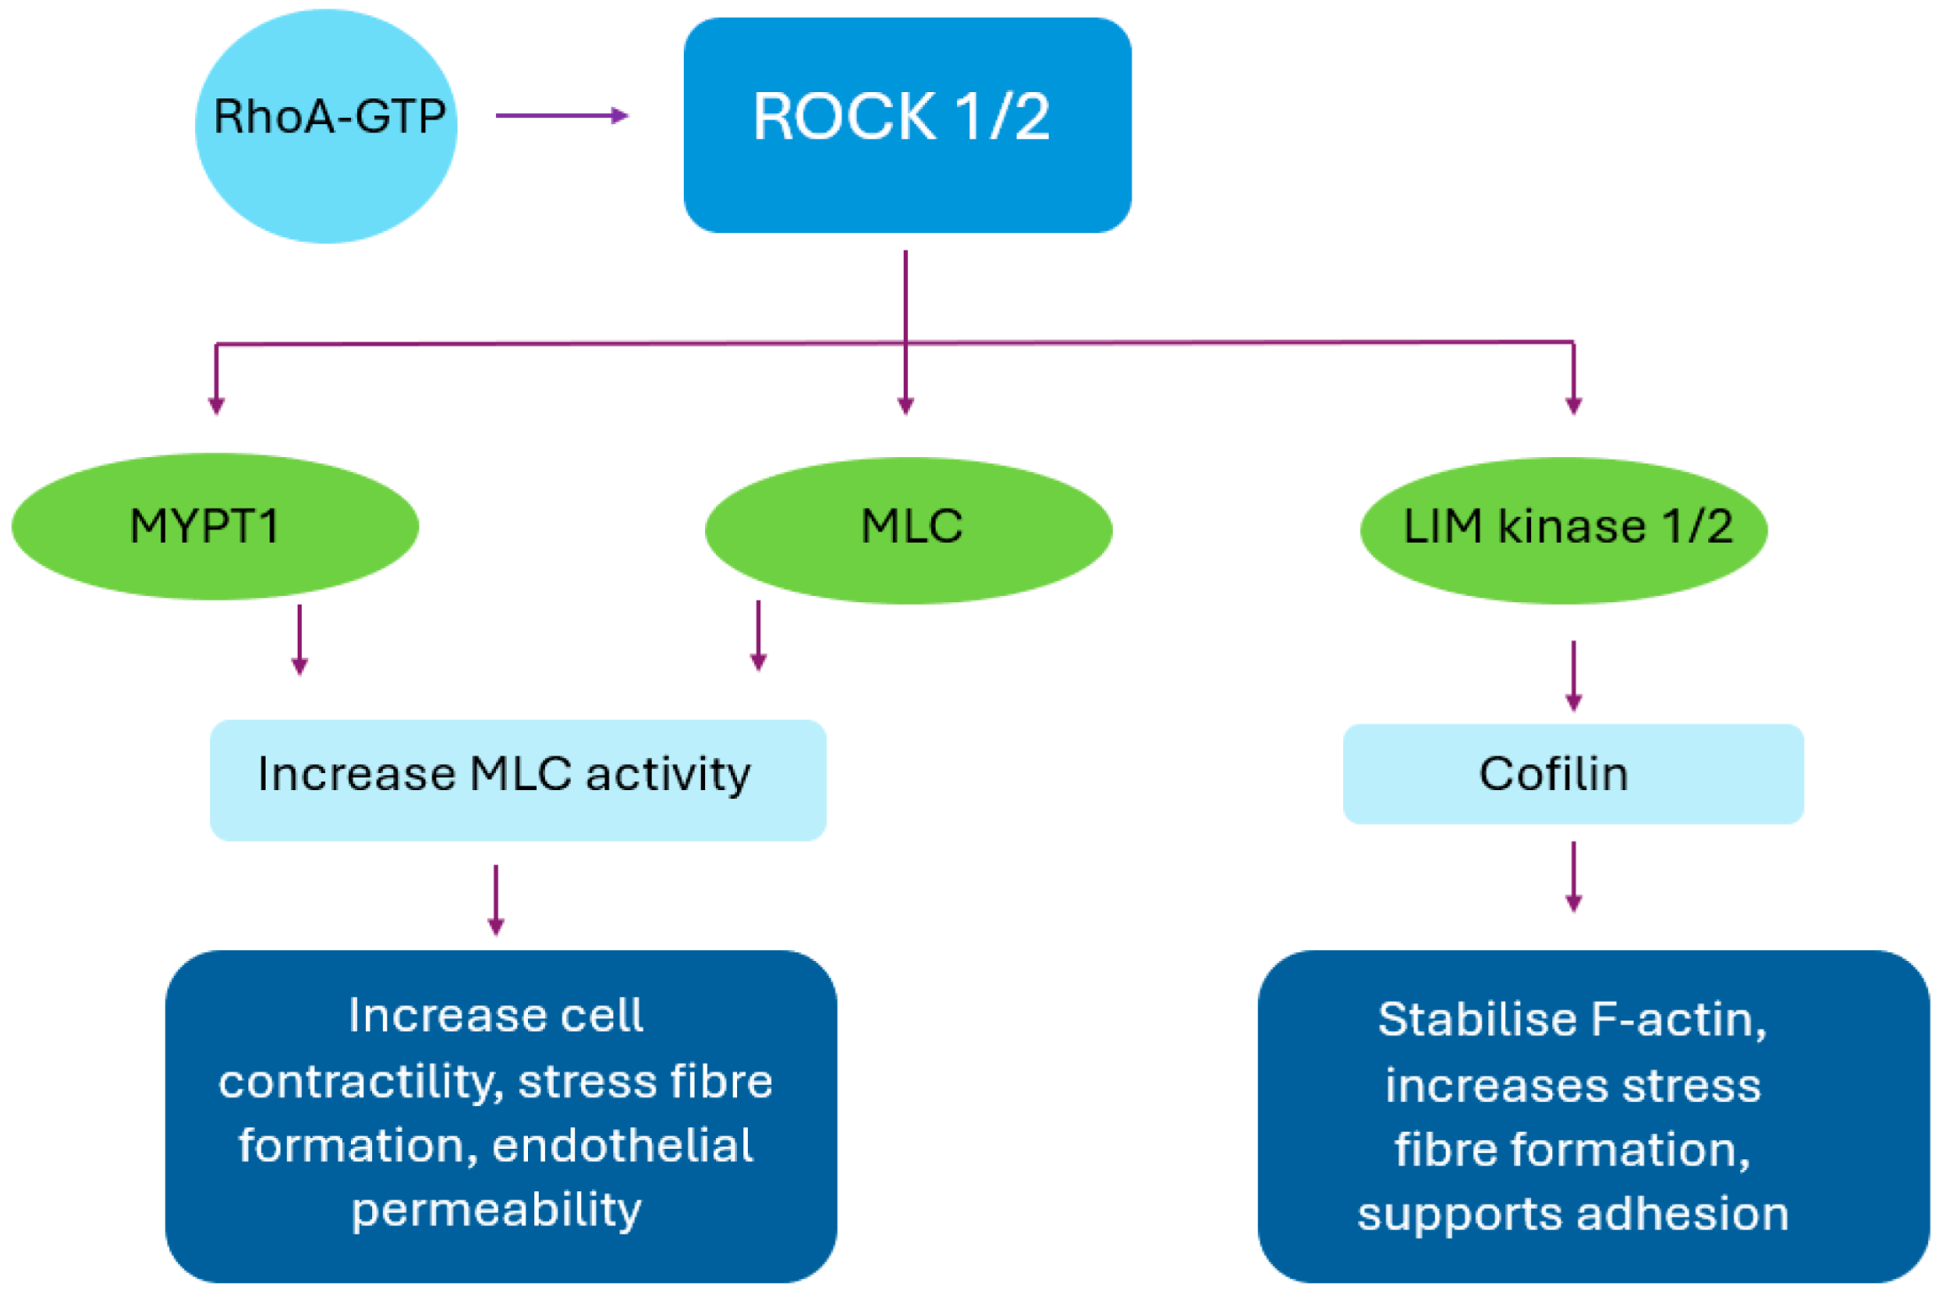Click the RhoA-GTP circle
click(326, 126)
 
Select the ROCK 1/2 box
click(907, 125)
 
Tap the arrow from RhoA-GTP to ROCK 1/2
click(562, 115)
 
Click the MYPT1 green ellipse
click(215, 526)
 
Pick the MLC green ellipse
click(909, 530)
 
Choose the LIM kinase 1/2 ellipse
click(1564, 530)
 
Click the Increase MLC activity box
click(518, 779)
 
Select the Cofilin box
click(1573, 773)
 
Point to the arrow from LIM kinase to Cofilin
click(1573, 676)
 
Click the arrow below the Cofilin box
click(1573, 877)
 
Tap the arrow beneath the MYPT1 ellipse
click(299, 639)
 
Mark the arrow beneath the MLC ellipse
click(758, 636)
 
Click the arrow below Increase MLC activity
click(496, 900)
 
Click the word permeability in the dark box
click(496, 1211)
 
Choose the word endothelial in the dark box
click(622, 1145)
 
